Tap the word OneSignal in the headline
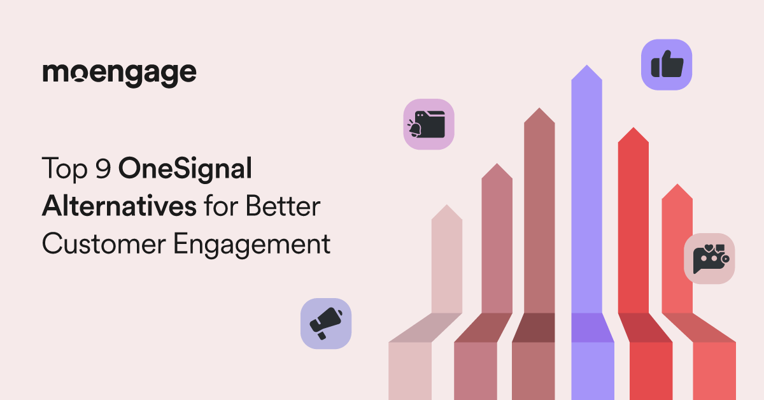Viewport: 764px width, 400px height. point(185,169)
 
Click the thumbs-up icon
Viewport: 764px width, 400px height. point(667,65)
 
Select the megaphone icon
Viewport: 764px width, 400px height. point(326,324)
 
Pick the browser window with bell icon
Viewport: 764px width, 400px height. point(428,124)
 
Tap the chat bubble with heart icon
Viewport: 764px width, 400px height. point(709,259)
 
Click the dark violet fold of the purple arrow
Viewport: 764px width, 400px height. point(593,327)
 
